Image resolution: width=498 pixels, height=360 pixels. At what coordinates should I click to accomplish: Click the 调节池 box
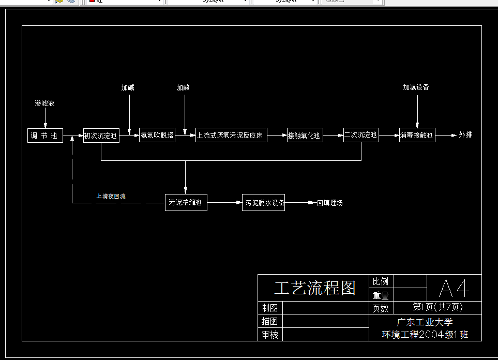point(45,136)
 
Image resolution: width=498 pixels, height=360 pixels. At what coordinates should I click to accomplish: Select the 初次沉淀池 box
point(101,136)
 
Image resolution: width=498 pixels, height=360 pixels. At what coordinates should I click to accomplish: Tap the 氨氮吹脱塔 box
point(157,136)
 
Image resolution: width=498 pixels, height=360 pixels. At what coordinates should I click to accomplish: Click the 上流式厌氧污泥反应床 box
point(231,136)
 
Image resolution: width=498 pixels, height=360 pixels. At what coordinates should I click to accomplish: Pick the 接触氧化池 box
point(305,136)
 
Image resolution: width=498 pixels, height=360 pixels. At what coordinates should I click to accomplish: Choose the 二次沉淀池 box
point(361,136)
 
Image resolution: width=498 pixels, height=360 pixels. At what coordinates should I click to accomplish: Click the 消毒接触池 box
point(417,136)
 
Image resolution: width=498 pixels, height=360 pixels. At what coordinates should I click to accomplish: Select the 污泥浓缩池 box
point(186,203)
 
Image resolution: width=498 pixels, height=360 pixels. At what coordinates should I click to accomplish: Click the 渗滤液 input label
point(45,103)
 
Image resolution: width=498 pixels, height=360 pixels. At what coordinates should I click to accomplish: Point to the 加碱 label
point(128,88)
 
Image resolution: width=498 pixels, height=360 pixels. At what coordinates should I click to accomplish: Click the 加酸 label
point(183,88)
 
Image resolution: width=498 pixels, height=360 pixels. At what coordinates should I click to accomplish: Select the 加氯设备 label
point(416,87)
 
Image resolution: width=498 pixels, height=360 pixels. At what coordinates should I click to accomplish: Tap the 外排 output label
point(465,136)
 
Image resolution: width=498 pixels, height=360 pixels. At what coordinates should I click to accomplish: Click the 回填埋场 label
point(330,203)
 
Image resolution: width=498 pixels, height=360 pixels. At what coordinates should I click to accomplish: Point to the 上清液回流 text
point(111,197)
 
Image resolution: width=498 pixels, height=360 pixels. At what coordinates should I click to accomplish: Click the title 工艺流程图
point(315,288)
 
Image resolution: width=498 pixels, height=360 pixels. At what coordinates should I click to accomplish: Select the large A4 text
point(454,288)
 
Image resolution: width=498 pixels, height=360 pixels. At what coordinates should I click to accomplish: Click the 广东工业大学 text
point(425,322)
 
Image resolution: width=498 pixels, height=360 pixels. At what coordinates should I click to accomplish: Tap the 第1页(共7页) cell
point(437,307)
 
